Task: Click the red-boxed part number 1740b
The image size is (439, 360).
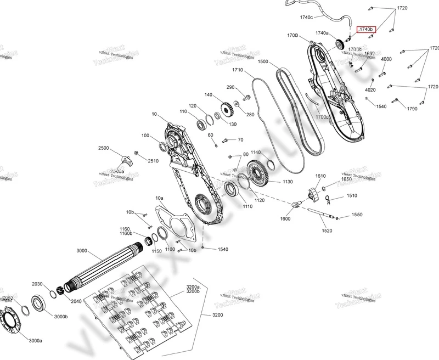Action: [365, 29]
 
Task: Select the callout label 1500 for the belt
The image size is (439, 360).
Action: [262, 62]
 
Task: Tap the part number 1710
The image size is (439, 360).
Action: [238, 70]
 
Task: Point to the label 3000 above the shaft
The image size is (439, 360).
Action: [82, 251]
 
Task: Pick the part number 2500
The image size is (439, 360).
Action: [104, 148]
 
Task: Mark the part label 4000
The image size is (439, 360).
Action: [386, 59]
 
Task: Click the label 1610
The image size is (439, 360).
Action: [321, 176]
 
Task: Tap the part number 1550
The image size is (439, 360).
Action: [357, 215]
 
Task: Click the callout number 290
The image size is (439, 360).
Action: [230, 87]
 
